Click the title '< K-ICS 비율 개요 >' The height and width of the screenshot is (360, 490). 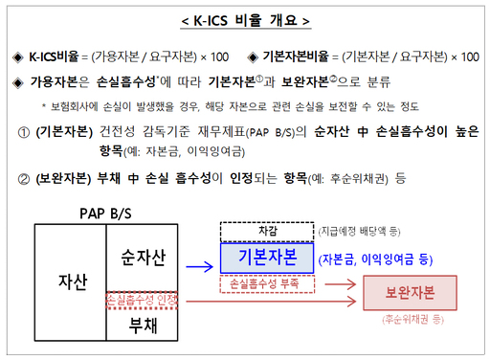coord(245,20)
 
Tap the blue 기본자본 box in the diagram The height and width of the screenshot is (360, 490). coord(265,258)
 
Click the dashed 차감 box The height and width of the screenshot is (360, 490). coord(265,230)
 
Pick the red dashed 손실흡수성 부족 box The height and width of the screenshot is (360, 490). coord(267,283)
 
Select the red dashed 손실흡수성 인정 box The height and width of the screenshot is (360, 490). coord(141,300)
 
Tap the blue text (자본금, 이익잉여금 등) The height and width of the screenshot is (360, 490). coord(376,259)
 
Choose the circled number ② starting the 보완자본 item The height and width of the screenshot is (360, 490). coord(23,178)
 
